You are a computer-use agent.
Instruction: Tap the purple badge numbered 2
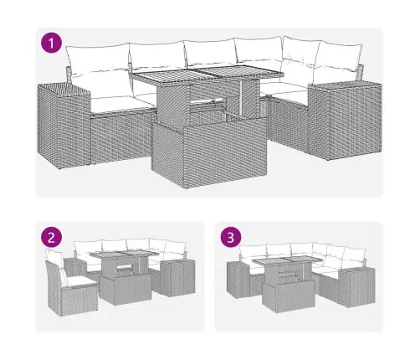tap(53, 238)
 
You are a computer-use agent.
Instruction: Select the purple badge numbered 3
tap(230, 238)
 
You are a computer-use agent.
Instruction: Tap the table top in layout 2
tap(125, 257)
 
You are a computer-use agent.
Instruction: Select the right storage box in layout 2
tap(175, 275)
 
